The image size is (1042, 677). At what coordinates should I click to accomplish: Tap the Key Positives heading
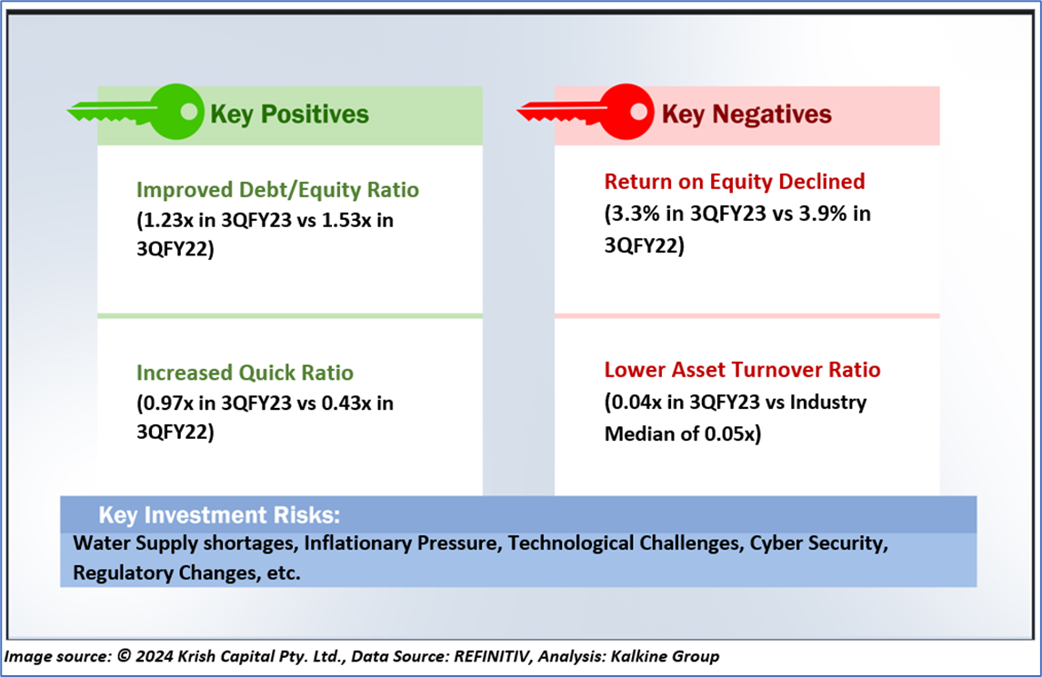[289, 114]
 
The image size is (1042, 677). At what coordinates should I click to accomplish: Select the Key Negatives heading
[746, 114]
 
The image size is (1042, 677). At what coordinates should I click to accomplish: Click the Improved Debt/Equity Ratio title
[277, 190]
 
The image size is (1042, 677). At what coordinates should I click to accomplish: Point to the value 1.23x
[169, 221]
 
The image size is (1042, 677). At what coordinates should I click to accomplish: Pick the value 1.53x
[339, 221]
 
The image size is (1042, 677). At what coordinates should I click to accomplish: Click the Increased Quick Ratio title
[245, 373]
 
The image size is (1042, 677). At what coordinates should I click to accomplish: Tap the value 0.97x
[169, 403]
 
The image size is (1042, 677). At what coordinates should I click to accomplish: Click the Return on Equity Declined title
[734, 182]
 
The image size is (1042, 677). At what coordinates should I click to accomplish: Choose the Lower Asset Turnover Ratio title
[742, 370]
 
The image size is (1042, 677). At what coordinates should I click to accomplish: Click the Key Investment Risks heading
[218, 516]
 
